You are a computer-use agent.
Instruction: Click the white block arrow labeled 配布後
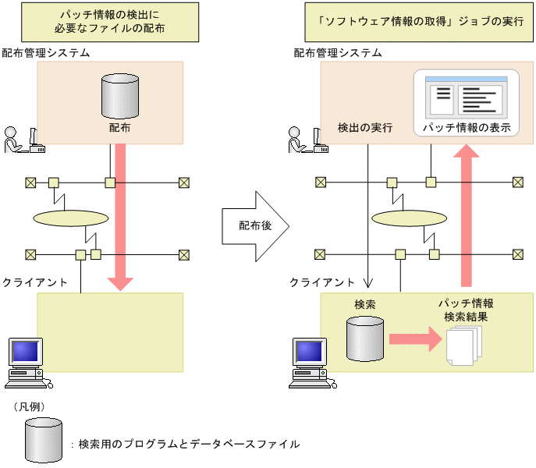click(255, 226)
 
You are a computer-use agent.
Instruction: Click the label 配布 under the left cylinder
click(119, 128)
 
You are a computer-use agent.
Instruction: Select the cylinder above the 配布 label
click(120, 96)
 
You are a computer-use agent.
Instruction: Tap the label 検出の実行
click(365, 127)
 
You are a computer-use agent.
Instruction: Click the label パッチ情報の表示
click(467, 127)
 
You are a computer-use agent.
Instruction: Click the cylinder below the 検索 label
click(365, 339)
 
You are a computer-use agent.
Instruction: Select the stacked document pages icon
click(464, 346)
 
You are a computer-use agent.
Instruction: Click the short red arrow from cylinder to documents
click(416, 339)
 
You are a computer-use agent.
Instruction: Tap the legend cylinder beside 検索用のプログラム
click(44, 440)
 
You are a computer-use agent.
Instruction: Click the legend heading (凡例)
click(30, 407)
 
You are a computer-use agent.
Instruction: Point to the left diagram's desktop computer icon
click(28, 363)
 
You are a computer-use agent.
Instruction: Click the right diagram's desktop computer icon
click(312, 363)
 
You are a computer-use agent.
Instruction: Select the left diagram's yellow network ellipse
click(71, 218)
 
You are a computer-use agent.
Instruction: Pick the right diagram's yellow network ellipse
click(409, 218)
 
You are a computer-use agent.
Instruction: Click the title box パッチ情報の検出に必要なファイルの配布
click(110, 22)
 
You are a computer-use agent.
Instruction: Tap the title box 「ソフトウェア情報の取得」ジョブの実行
click(419, 22)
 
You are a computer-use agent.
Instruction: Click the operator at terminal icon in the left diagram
click(25, 140)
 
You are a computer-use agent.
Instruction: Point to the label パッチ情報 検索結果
click(466, 310)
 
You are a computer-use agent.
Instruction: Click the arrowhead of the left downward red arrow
click(120, 284)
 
